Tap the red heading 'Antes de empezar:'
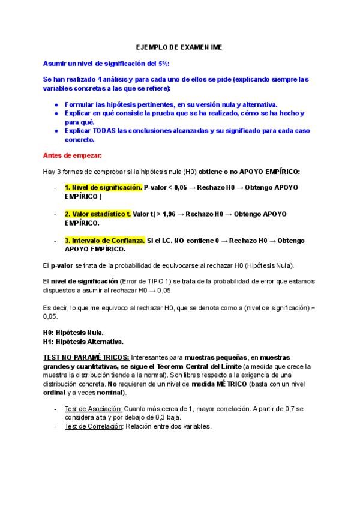(x=73, y=155)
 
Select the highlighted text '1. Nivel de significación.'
(x=103, y=187)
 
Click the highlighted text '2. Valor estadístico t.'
(x=98, y=214)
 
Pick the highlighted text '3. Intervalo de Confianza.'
(x=105, y=240)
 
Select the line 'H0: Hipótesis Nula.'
(x=73, y=332)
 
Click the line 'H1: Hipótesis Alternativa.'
(x=83, y=341)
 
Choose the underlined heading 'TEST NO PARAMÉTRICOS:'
(x=85, y=357)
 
